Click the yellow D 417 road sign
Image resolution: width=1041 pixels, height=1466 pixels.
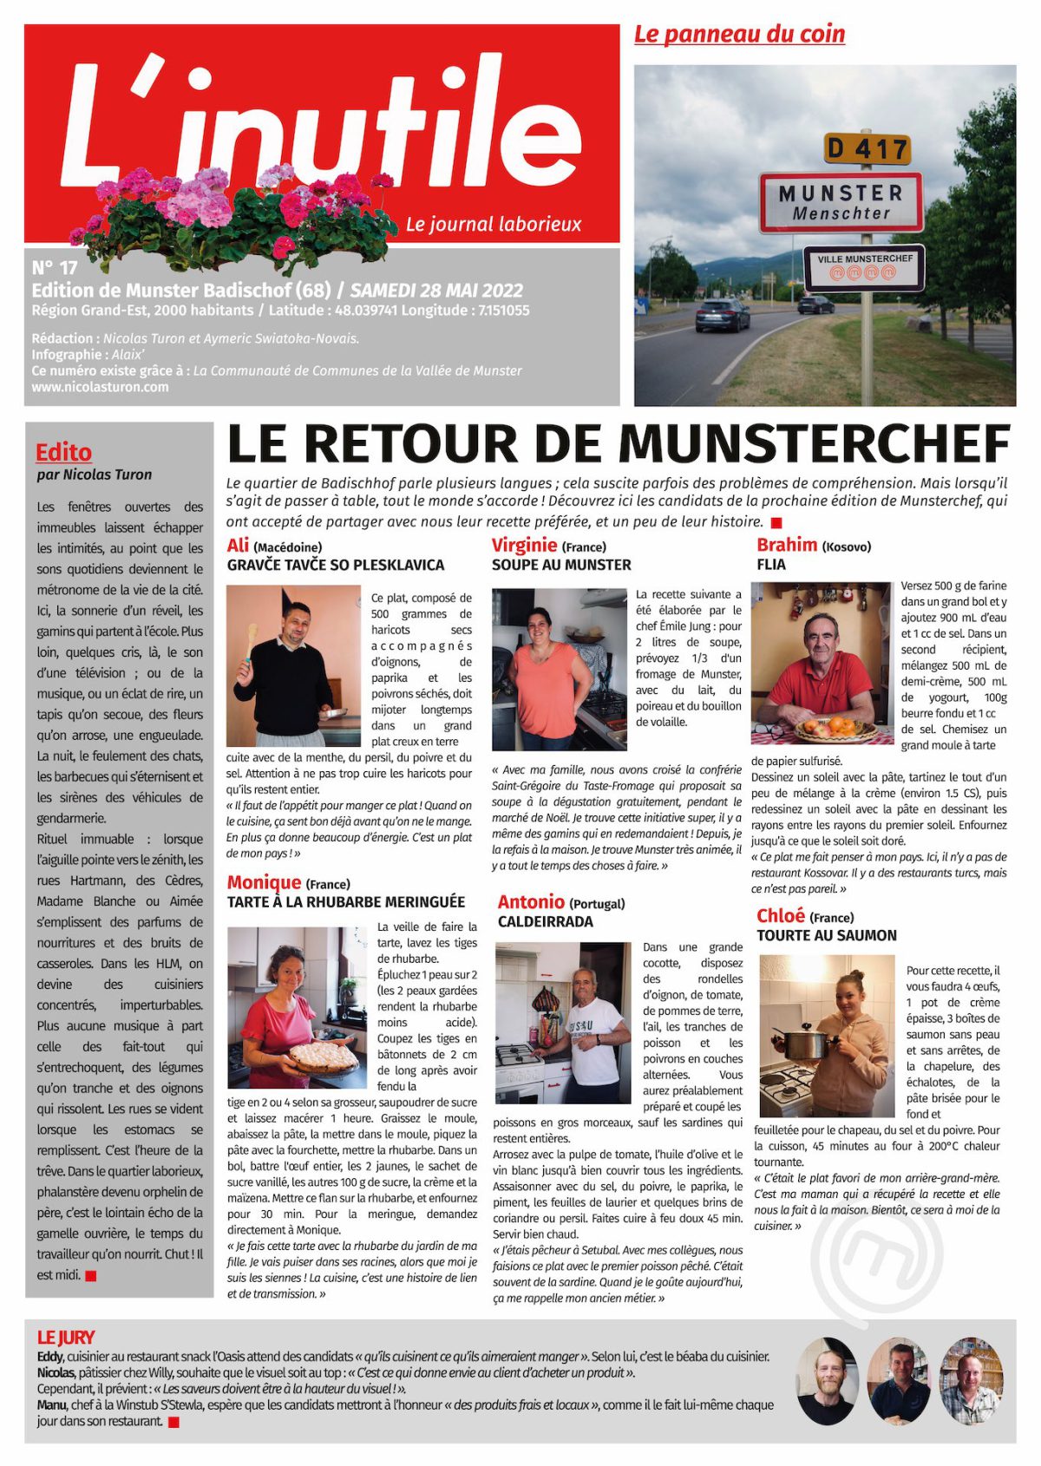867,149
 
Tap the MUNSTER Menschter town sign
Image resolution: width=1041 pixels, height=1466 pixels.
841,202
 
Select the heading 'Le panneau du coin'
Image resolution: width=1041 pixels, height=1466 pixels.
739,34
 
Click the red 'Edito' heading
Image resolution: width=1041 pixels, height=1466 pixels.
63,452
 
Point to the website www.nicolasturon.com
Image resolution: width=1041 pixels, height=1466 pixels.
100,387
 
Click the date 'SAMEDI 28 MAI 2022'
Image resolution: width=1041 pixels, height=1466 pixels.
436,290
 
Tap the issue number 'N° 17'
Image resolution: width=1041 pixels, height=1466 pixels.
54,267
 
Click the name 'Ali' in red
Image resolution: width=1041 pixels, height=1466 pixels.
238,545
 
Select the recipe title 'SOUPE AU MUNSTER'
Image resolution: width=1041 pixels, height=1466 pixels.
561,565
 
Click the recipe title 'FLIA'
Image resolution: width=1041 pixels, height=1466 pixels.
771,565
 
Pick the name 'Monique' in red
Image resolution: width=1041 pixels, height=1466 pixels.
264,882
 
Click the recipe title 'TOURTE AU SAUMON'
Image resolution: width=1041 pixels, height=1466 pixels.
826,935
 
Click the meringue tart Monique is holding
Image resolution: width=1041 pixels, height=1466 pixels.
323,1056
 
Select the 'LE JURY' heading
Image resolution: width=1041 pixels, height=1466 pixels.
66,1337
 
